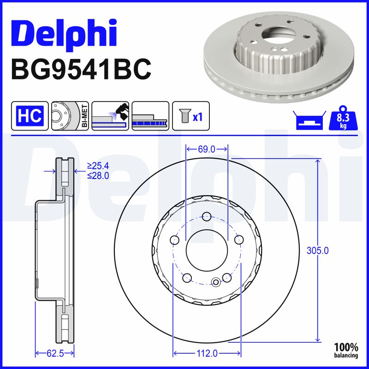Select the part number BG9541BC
(x=81, y=70)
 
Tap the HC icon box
(x=30, y=115)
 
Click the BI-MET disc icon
(x=70, y=115)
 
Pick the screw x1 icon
(x=190, y=115)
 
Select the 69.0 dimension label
(x=207, y=149)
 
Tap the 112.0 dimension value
(x=207, y=353)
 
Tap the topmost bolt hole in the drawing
(x=207, y=216)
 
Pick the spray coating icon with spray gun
(x=110, y=115)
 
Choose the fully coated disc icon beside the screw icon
(x=150, y=115)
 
